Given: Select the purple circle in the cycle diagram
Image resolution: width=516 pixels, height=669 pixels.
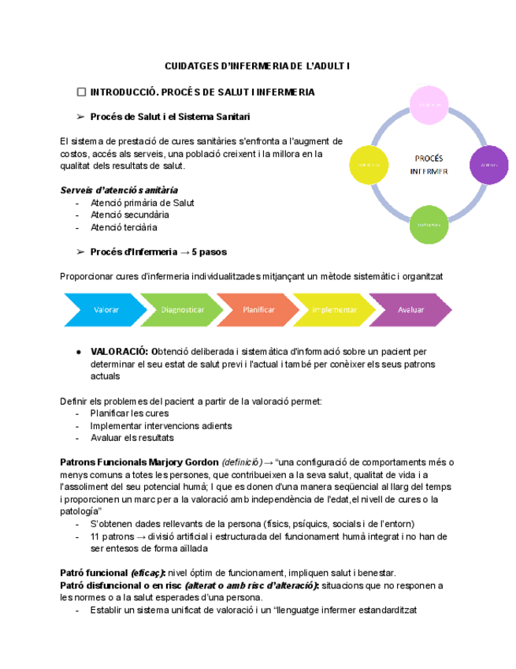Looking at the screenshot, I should (488, 164).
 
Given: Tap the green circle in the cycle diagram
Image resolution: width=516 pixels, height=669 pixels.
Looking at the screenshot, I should (430, 225).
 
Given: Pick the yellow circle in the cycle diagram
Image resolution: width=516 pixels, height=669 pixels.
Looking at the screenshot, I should (369, 164).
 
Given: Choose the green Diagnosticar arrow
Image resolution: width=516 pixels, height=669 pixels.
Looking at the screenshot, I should (180, 310).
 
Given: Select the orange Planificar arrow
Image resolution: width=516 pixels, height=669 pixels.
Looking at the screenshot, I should (258, 310).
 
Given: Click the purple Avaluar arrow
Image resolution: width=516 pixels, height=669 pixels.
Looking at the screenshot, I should (410, 310).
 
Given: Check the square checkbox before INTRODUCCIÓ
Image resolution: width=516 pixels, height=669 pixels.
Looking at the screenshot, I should (81, 92).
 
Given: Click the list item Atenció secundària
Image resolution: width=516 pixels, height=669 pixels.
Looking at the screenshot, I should (129, 215).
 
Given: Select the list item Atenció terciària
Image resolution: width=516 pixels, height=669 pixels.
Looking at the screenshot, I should (124, 227).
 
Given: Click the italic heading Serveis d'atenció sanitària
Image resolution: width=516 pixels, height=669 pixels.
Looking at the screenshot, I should (119, 190).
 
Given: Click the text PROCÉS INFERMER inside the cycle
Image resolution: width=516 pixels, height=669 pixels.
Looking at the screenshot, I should (429, 164).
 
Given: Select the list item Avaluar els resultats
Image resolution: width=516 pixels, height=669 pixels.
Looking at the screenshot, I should (132, 438).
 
